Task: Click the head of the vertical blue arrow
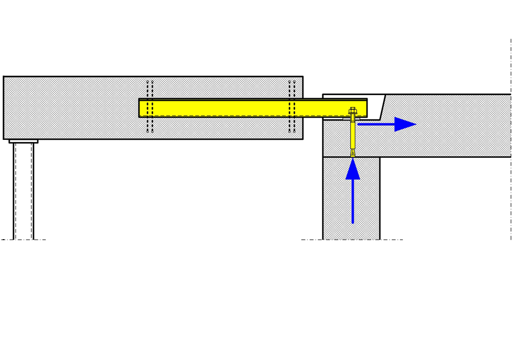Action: tap(353, 170)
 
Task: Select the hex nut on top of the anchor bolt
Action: tap(353, 111)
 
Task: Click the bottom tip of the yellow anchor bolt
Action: tap(353, 154)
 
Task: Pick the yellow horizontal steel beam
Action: tap(252, 108)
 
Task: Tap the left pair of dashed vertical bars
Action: tap(150, 106)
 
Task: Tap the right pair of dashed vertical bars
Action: tap(291, 106)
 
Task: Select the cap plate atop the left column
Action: tap(23, 141)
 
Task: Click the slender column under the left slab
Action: tap(23, 190)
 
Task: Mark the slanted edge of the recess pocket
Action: tap(383, 107)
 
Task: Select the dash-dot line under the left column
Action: tap(23, 240)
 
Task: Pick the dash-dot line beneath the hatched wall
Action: tap(352, 240)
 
